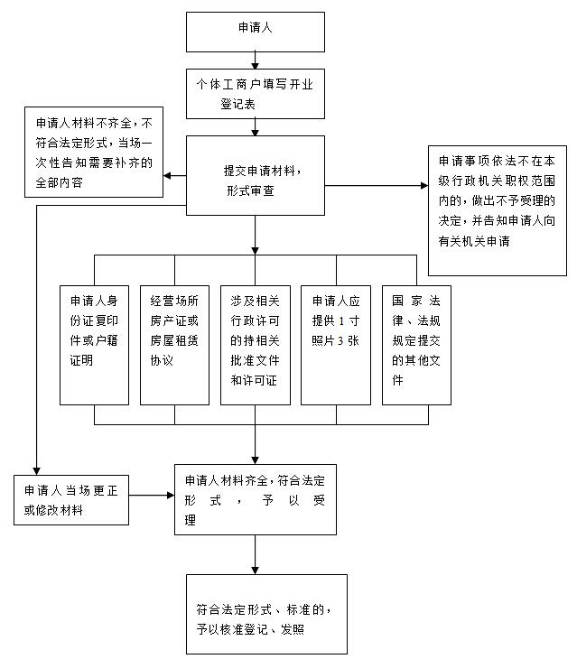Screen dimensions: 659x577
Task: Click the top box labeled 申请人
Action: [255, 31]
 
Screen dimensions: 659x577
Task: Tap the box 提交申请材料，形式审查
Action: [255, 175]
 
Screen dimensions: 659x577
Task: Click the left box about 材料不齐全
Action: [94, 152]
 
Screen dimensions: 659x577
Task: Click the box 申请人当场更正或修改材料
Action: [70, 498]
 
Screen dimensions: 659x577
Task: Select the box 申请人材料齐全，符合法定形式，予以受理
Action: [255, 497]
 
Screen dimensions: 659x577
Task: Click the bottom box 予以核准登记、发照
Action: [266, 615]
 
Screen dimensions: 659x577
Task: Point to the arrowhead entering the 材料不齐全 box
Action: [169, 176]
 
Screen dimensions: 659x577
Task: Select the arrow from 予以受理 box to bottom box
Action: [255, 554]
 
